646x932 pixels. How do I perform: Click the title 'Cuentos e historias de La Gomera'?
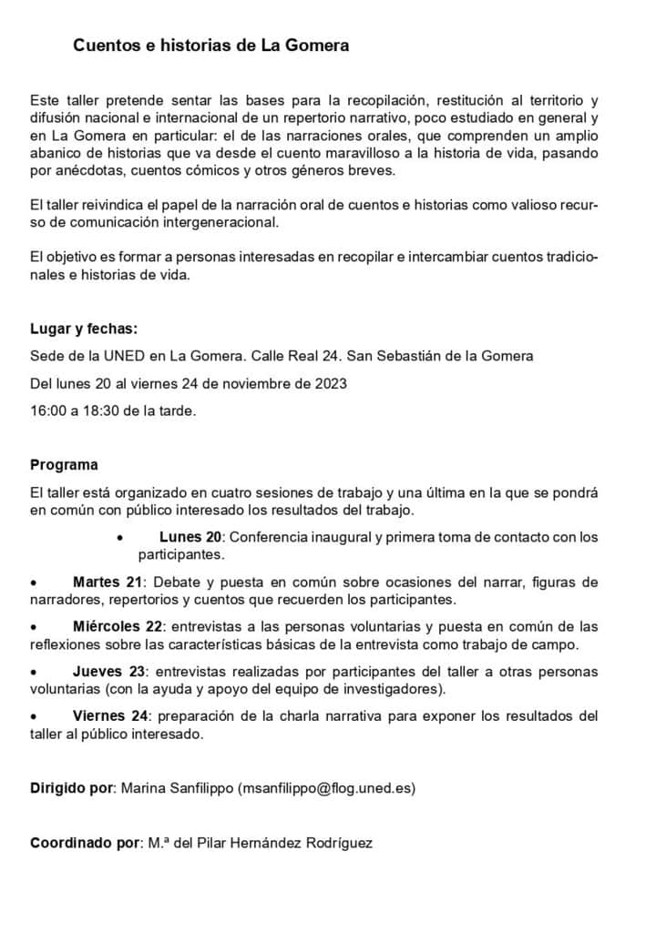click(210, 45)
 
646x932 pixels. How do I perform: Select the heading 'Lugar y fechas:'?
click(84, 329)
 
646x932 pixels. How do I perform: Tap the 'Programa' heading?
click(64, 465)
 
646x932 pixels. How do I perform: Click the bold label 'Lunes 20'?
click(190, 537)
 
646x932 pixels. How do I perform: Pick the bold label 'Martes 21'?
click(110, 582)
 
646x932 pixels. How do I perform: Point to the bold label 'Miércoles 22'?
click(118, 627)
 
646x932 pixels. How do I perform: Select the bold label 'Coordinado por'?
click(84, 843)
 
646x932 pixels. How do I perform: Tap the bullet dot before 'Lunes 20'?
click(120, 538)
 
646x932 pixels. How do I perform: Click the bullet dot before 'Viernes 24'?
click(34, 717)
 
